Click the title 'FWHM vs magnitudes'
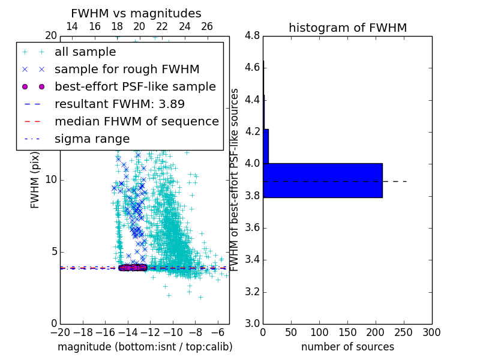click(x=136, y=13)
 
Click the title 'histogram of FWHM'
click(x=347, y=28)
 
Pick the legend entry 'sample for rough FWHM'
click(x=127, y=69)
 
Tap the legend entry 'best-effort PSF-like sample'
click(x=135, y=86)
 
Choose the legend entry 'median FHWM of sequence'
click(x=137, y=121)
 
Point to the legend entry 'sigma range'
click(x=92, y=139)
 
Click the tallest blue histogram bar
click(x=322, y=180)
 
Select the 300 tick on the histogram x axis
click(x=431, y=332)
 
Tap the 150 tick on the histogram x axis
click(x=347, y=332)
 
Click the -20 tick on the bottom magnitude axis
click(x=60, y=332)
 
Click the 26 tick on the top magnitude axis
click(x=207, y=26)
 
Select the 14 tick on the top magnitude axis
click(x=72, y=26)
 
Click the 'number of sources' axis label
click(x=347, y=347)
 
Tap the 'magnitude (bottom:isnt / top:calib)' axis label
click(x=145, y=347)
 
